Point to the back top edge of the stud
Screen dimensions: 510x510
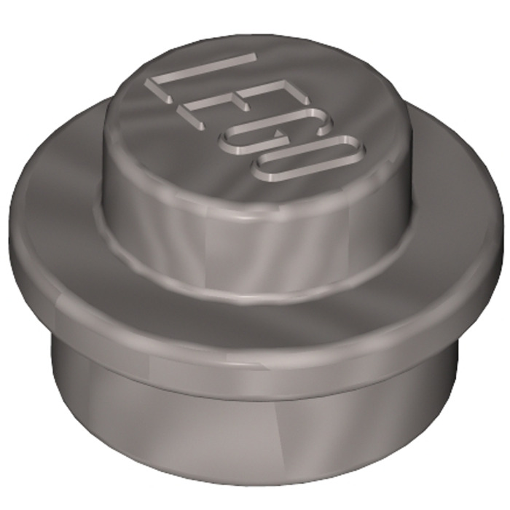point(255,34)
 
